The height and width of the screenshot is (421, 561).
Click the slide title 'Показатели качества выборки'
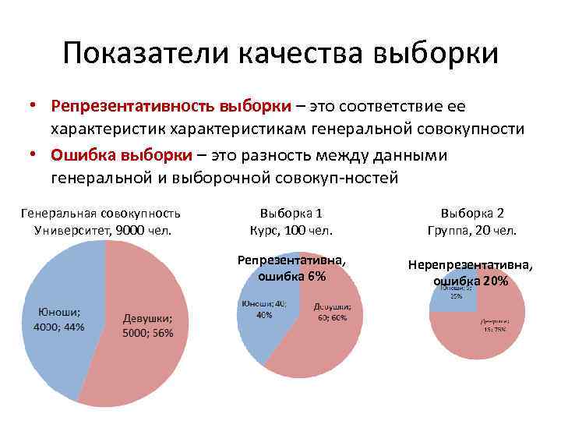click(x=280, y=53)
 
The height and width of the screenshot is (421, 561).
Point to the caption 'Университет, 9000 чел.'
click(x=103, y=230)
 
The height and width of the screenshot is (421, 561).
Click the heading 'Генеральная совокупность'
click(x=101, y=213)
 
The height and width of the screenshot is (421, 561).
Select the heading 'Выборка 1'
click(x=291, y=213)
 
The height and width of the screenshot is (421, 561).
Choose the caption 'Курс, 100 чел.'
click(x=291, y=230)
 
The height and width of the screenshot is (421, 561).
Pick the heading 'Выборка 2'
click(x=472, y=213)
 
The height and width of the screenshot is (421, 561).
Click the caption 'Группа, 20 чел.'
click(x=472, y=230)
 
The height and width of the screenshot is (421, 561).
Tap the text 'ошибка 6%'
click(x=291, y=277)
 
